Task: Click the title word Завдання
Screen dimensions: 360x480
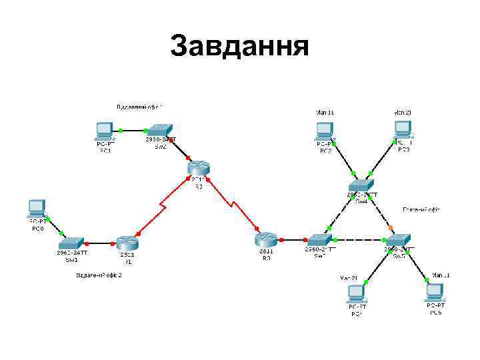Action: pyautogui.click(x=239, y=47)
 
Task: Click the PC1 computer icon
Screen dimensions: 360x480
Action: pyautogui.click(x=105, y=130)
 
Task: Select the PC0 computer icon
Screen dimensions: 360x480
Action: pyautogui.click(x=37, y=208)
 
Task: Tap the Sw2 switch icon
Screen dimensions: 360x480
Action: pyautogui.click(x=160, y=129)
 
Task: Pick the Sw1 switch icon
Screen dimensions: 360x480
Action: pyautogui.click(x=71, y=241)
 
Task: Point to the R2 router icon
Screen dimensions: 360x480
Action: pyautogui.click(x=199, y=169)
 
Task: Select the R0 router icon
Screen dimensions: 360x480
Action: pyautogui.click(x=266, y=240)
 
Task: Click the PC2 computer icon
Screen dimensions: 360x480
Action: pyautogui.click(x=325, y=130)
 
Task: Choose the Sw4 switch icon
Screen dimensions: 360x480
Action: pyautogui.click(x=361, y=184)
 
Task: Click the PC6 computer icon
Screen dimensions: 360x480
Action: pyautogui.click(x=435, y=292)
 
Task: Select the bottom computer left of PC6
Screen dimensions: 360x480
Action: pyautogui.click(x=356, y=294)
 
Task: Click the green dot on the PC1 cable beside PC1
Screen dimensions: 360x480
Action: pyautogui.click(x=121, y=130)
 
